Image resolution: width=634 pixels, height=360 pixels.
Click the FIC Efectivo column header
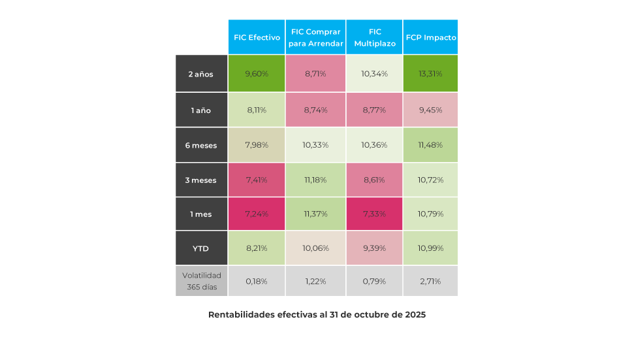coord(257,37)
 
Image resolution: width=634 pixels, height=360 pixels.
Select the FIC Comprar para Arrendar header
coord(315,37)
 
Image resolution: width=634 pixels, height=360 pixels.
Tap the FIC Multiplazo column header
coord(375,37)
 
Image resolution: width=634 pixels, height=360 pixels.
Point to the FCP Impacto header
coord(431,37)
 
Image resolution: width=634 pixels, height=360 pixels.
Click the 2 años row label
coord(201,74)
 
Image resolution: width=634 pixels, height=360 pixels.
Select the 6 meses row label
coord(201,145)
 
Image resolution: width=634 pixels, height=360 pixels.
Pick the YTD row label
coord(201,248)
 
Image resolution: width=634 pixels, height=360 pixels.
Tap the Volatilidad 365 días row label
coord(201,281)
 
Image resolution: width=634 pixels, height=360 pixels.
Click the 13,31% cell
coord(431,74)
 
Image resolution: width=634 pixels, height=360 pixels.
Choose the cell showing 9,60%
coord(257,74)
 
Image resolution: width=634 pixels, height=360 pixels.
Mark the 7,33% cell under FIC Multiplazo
coord(375,214)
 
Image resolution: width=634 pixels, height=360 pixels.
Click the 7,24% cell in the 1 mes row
coord(257,214)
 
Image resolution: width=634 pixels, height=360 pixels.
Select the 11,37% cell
coord(315,214)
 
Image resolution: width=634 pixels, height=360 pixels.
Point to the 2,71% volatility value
coord(431,282)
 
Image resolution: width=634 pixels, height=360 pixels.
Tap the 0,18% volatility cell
coord(257,282)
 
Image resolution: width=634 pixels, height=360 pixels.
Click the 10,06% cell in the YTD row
coord(315,248)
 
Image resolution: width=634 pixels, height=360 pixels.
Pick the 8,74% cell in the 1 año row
coord(315,110)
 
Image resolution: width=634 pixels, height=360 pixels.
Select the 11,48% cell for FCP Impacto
coord(431,145)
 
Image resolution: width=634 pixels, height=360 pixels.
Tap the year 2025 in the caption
coord(415,315)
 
